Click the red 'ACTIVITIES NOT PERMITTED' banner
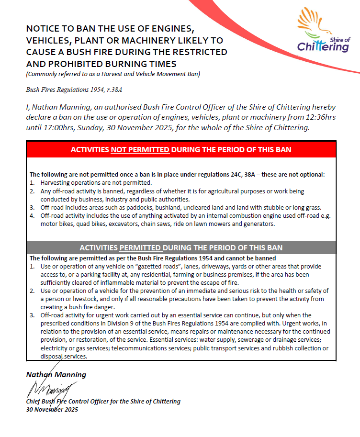tap(181, 150)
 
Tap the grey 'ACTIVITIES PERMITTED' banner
tap(181, 247)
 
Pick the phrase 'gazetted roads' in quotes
tap(155, 266)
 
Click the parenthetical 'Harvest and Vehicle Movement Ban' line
tap(113, 74)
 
